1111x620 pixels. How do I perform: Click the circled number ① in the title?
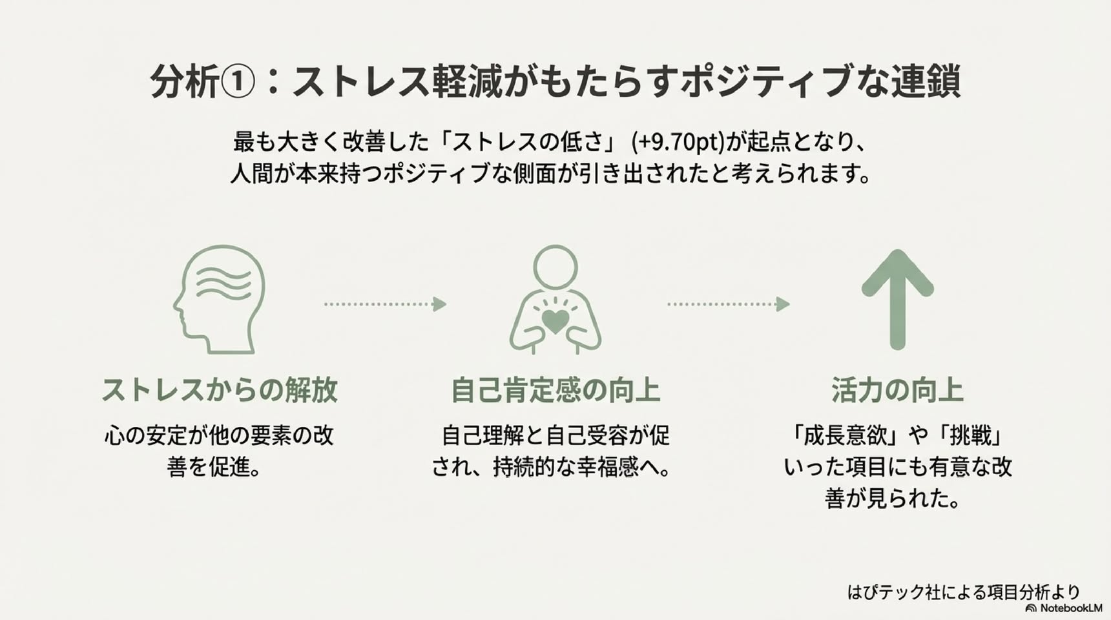tap(238, 82)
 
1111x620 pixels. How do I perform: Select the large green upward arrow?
tap(897, 300)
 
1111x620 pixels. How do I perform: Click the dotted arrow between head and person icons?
tap(385, 304)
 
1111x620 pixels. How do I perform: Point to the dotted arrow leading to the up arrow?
tap(728, 304)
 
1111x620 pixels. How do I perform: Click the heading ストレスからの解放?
tap(220, 390)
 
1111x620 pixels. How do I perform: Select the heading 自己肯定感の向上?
tap(555, 390)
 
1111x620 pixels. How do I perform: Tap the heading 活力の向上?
tap(897, 390)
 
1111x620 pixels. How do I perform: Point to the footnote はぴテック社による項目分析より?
tap(964, 592)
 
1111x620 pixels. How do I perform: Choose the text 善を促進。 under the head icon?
tap(214, 467)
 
